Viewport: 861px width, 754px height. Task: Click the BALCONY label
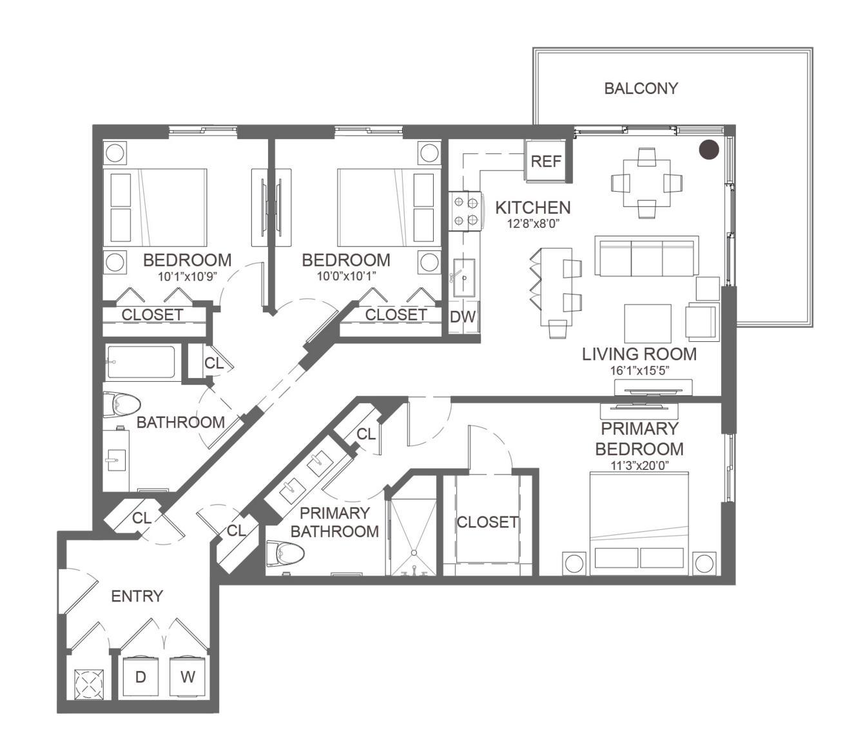point(641,88)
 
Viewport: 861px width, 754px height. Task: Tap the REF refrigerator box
point(546,161)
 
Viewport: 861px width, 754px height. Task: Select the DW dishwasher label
point(463,317)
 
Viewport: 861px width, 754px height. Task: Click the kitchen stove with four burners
point(466,211)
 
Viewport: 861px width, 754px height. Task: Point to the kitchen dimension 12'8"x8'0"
point(533,223)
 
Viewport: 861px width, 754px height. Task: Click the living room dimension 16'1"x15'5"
point(639,371)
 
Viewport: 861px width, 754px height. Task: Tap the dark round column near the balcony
point(709,150)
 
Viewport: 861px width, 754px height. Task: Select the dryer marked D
point(140,677)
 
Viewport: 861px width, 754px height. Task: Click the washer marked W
point(188,677)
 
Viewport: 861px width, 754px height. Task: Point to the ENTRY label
point(137,596)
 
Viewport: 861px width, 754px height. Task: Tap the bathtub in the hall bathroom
point(142,362)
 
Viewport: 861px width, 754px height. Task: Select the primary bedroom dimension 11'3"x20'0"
point(639,466)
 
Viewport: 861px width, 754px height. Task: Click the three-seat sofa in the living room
point(646,256)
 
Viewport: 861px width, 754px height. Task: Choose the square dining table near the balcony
point(646,183)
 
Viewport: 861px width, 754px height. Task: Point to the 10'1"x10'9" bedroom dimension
point(188,277)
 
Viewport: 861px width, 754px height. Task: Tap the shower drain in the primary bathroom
point(413,552)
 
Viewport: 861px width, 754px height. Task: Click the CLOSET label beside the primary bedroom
point(487,522)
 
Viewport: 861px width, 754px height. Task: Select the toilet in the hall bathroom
point(121,404)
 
